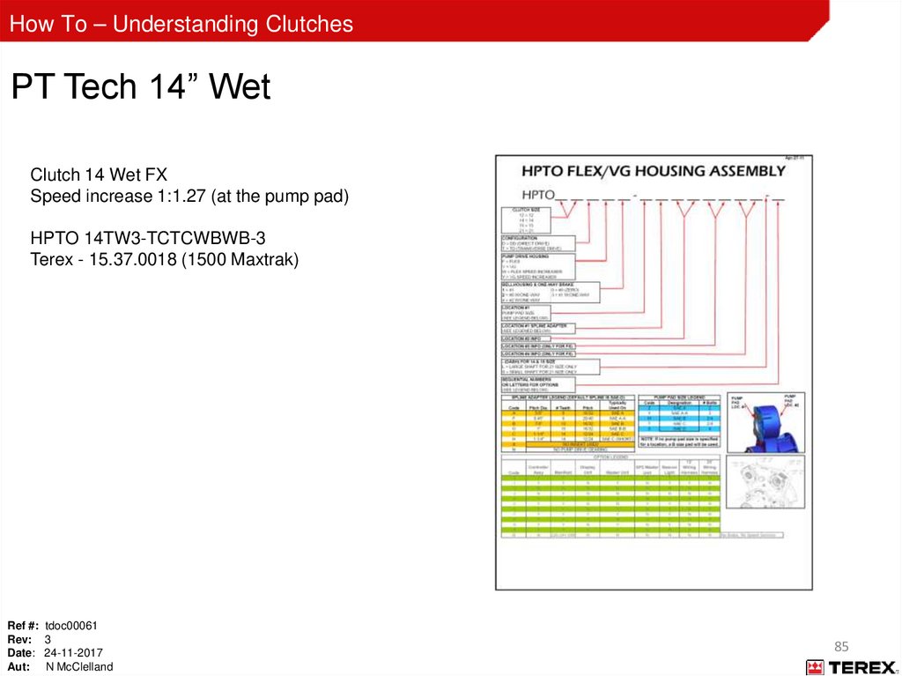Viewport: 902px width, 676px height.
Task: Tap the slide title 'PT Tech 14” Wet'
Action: tap(141, 87)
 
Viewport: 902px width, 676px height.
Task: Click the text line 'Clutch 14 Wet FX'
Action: tap(99, 175)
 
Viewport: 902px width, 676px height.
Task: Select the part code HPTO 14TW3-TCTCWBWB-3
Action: tap(148, 238)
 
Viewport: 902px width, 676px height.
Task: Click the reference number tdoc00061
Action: tap(71, 626)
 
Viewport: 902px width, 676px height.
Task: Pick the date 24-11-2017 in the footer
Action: tap(73, 653)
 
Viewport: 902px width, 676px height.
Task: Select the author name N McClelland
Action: tap(79, 667)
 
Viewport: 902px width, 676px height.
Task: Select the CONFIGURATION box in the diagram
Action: tap(537, 243)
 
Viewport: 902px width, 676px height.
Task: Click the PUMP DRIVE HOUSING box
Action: tap(537, 267)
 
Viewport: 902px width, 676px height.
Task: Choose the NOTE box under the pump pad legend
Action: tap(679, 441)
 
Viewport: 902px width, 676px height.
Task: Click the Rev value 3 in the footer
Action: tap(48, 639)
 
